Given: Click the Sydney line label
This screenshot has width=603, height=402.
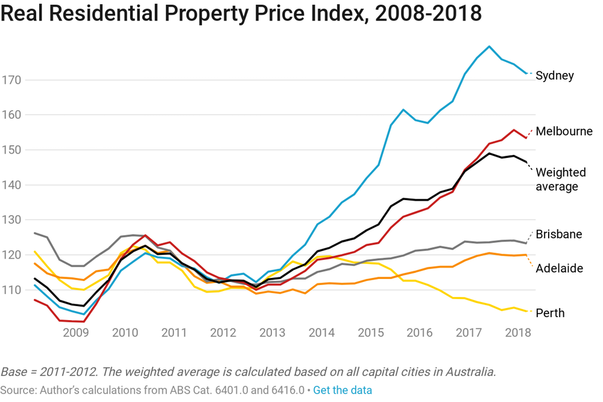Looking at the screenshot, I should coord(554,76).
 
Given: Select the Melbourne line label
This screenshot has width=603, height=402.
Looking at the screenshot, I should coord(564,131).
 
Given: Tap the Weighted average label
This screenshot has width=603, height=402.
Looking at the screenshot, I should coord(560,180).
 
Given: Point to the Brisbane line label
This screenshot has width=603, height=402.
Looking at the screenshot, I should coord(558,234).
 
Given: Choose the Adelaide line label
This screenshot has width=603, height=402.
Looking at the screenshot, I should coord(559,268).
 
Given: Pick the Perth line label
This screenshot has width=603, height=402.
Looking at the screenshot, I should coord(550,313).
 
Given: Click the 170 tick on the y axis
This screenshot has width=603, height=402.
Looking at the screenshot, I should coord(12,80).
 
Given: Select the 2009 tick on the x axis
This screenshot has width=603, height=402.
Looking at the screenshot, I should coord(76,332).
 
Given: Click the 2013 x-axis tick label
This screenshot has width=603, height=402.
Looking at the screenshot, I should coord(273,332).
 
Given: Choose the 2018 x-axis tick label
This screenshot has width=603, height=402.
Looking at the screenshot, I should coord(518,332).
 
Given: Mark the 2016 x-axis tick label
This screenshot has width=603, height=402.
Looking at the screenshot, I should coord(420,332).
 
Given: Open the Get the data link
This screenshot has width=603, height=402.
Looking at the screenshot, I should coord(342,390).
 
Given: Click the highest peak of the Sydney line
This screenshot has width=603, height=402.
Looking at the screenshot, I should coord(489,46).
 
